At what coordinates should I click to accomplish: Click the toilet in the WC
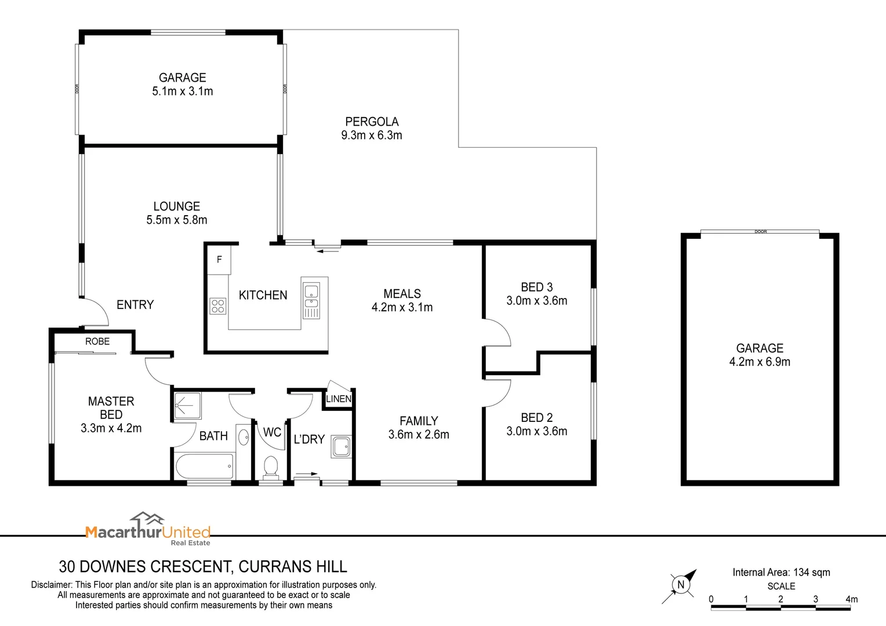click(x=271, y=467)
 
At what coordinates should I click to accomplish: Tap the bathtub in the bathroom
click(x=204, y=466)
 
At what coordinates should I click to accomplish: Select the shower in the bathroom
click(x=187, y=406)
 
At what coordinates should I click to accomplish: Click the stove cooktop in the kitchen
click(x=217, y=305)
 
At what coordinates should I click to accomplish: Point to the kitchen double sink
click(x=311, y=296)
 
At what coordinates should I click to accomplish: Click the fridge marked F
click(x=219, y=260)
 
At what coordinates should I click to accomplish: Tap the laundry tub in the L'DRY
click(x=341, y=446)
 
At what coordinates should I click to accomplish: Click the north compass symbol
click(x=681, y=584)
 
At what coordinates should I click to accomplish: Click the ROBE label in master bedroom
click(x=97, y=341)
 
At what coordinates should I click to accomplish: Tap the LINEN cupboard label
click(x=338, y=399)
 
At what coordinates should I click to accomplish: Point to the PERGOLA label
click(x=372, y=122)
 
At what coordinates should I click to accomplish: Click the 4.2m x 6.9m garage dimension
click(x=760, y=362)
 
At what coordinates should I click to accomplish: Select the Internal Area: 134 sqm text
click(x=781, y=573)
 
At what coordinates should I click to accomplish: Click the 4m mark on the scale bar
click(x=851, y=599)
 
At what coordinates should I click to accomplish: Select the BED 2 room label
click(x=536, y=417)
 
